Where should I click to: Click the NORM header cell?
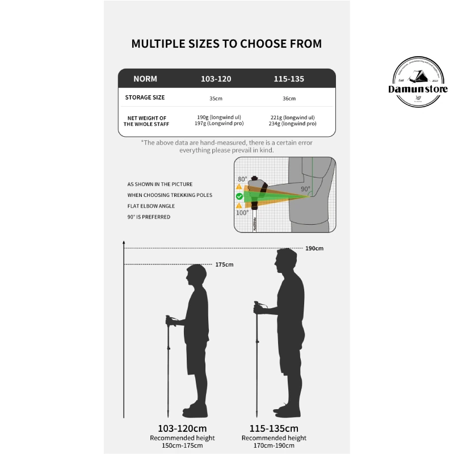click(145, 79)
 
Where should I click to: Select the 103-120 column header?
click(216, 79)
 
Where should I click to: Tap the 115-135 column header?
click(289, 79)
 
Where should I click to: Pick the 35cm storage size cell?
click(216, 98)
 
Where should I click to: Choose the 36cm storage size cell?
click(289, 98)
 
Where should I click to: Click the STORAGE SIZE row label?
click(145, 98)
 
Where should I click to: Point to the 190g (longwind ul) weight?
click(216, 117)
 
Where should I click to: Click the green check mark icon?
click(239, 196)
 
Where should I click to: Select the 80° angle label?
click(242, 179)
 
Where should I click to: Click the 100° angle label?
click(242, 213)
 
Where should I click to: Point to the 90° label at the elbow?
click(305, 189)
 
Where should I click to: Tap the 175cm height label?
click(224, 264)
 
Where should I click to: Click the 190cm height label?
click(314, 249)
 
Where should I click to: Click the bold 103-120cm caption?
click(183, 428)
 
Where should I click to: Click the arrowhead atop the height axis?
click(124, 243)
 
